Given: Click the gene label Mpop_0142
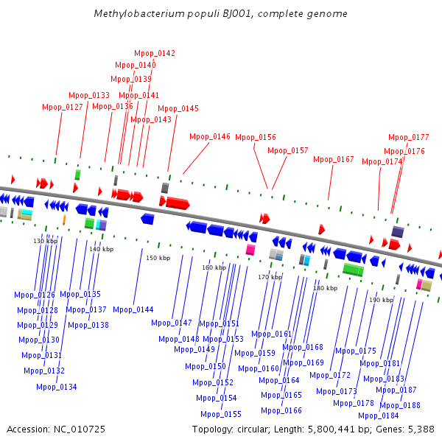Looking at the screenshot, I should (155, 53).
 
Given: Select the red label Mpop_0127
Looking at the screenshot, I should (63, 107).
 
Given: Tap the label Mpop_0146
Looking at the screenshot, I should (210, 136).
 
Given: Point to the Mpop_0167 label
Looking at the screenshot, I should (334, 159).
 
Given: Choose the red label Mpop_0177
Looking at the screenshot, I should (409, 137).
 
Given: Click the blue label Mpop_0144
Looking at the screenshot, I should (133, 309).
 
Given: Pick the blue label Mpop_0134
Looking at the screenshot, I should (57, 387).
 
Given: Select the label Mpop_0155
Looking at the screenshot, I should (221, 414).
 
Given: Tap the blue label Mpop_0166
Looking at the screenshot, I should (281, 410).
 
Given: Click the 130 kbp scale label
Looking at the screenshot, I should (46, 241).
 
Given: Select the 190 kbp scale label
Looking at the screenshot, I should (381, 300).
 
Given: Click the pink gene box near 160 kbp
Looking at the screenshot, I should (250, 250).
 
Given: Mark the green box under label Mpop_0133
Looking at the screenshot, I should (77, 175).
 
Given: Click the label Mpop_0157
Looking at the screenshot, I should (288, 150).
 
